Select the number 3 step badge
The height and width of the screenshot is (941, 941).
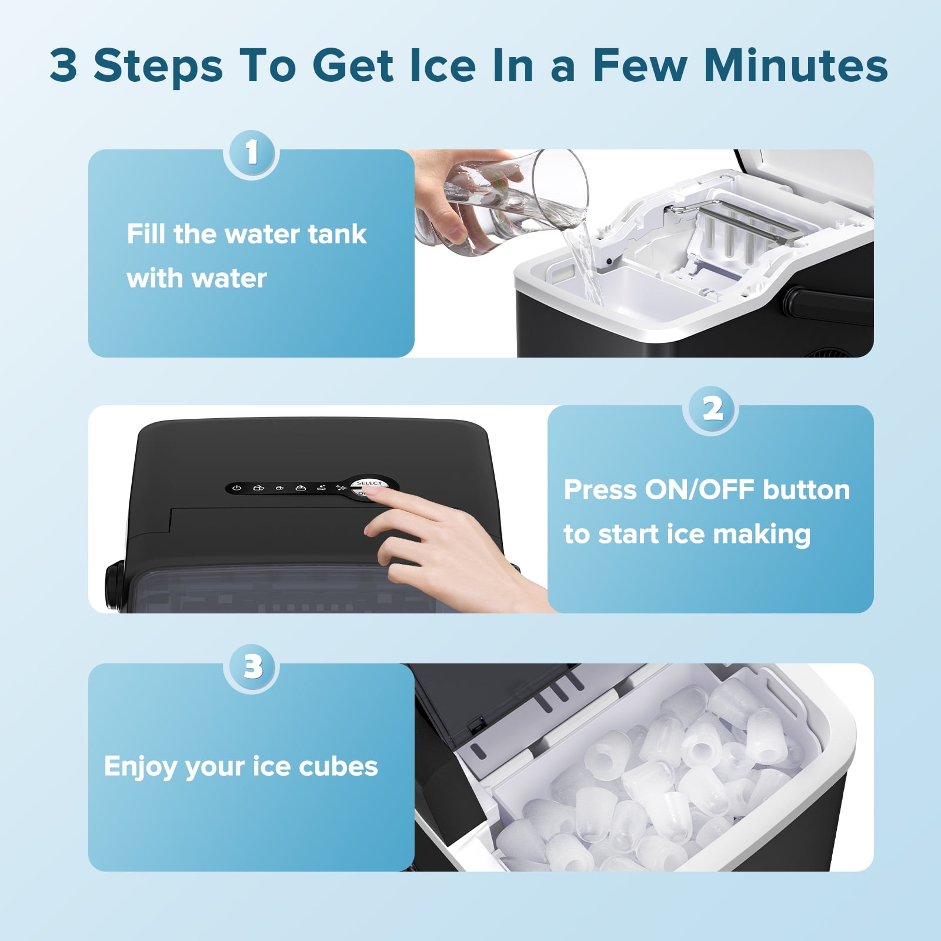(251, 668)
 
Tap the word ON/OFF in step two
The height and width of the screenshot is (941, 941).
(699, 490)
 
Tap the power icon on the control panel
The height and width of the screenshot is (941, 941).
(236, 488)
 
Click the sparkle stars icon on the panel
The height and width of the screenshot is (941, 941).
(341, 488)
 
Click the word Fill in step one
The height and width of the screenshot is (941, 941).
(145, 233)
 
